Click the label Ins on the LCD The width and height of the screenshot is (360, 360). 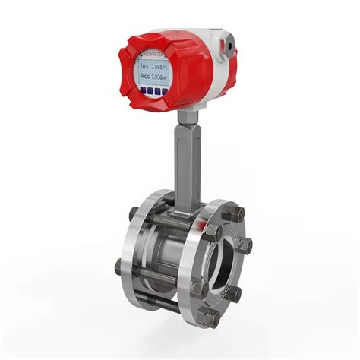tap(144, 68)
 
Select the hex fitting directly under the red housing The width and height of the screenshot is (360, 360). tap(186, 116)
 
